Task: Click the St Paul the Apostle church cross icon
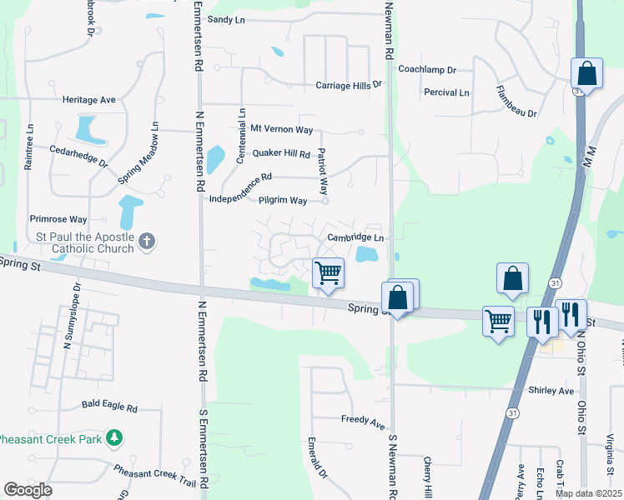point(146,242)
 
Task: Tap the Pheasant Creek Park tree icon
point(115,437)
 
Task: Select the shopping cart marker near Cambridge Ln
point(329,272)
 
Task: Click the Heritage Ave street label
point(88,99)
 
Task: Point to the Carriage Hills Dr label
point(348,84)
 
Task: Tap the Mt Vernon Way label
point(282,129)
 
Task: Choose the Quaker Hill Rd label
point(281,153)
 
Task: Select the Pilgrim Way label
point(282,201)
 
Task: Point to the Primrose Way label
point(58,219)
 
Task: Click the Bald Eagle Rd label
point(109,406)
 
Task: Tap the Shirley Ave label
point(551,390)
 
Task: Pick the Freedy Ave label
point(361,418)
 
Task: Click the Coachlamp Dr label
point(427,70)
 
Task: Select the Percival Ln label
point(446,92)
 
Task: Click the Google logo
point(28,490)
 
